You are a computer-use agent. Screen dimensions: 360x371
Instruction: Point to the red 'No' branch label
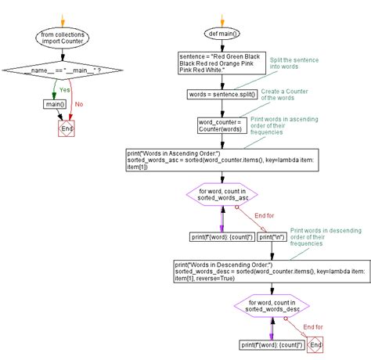[x=78, y=103]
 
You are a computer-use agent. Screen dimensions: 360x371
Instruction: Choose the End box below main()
[x=67, y=128]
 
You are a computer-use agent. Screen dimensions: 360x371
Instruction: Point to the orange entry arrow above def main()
[x=222, y=19]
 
